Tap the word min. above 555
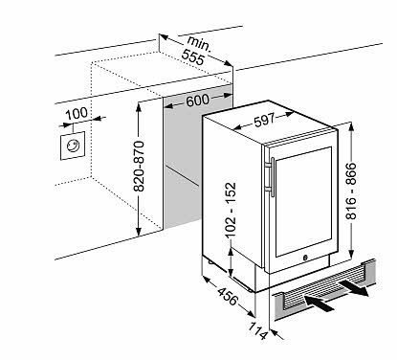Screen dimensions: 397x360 (199, 44)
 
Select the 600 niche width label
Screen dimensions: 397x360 (198, 101)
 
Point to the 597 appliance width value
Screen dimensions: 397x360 (264, 120)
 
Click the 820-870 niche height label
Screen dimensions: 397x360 (139, 166)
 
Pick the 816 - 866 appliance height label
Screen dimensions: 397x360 (351, 191)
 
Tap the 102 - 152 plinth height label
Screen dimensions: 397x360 (231, 210)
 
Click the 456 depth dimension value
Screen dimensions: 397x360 (228, 296)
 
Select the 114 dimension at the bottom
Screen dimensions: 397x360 (257, 330)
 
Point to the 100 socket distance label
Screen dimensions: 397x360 (77, 113)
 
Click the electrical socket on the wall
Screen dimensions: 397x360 (73, 146)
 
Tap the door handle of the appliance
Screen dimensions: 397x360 (271, 176)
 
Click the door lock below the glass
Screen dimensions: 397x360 (304, 258)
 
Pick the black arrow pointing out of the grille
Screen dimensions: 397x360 (354, 288)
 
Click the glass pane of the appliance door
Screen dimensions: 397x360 (303, 202)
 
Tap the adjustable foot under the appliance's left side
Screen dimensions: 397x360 (210, 262)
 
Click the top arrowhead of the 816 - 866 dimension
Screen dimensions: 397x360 (351, 127)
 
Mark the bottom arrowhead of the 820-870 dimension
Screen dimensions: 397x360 (139, 232)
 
